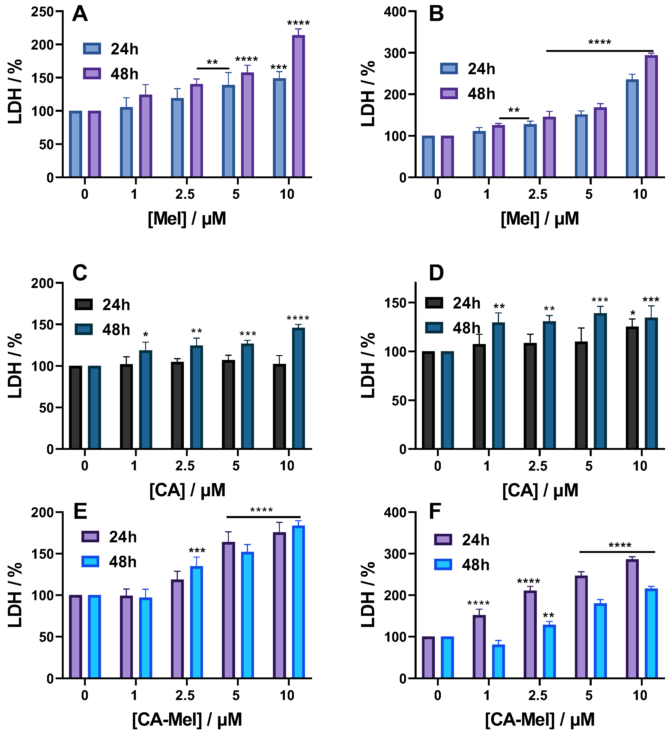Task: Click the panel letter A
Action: [x=80, y=14]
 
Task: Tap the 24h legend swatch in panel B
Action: [x=449, y=69]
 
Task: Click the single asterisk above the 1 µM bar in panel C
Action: [x=146, y=335]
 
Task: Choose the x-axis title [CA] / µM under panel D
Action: [x=540, y=490]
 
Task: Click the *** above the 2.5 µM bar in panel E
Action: [x=197, y=551]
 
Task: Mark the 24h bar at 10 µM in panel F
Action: [x=632, y=619]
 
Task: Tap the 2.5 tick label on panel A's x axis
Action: [x=185, y=194]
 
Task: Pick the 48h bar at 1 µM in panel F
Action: [x=498, y=661]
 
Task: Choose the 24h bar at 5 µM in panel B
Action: [x=581, y=146]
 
